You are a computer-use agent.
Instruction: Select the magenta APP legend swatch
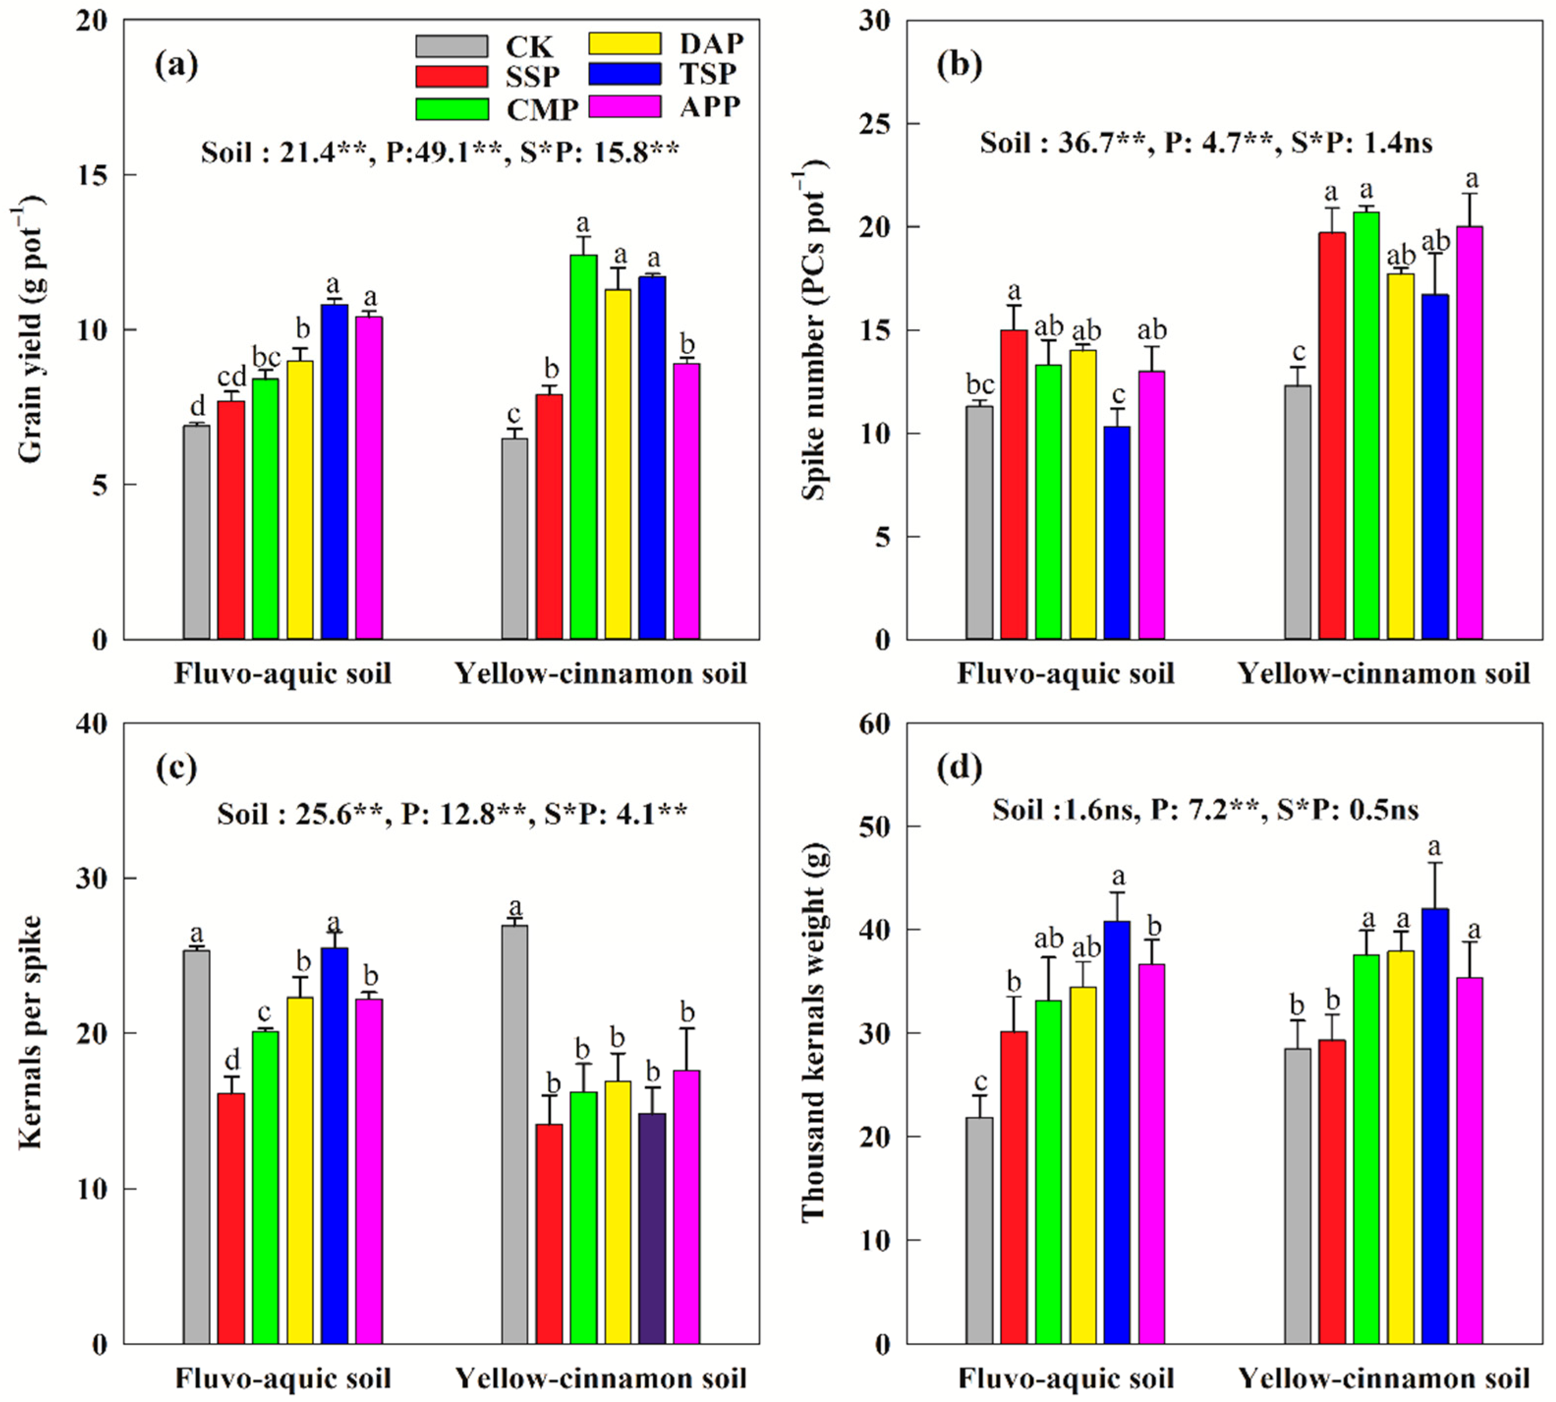pyautogui.click(x=624, y=106)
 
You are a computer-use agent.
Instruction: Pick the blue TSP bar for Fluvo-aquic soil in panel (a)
pyautogui.click(x=334, y=471)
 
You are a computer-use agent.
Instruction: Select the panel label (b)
pyautogui.click(x=959, y=65)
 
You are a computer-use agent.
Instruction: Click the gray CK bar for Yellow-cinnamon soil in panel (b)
pyautogui.click(x=1297, y=512)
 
